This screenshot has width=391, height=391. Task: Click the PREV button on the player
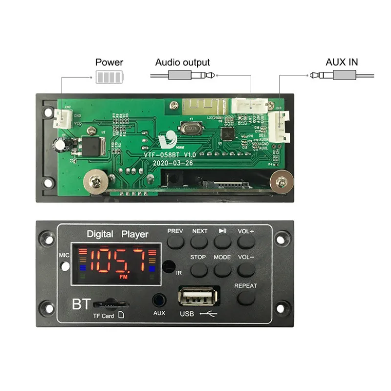(x=175, y=242)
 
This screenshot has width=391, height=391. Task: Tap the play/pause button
(x=222, y=242)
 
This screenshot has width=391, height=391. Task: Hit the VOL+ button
(x=246, y=242)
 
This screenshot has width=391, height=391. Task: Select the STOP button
(x=199, y=269)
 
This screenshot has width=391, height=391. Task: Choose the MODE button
(x=222, y=269)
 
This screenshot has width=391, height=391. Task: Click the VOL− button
(x=246, y=269)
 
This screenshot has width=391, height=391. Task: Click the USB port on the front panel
(x=199, y=297)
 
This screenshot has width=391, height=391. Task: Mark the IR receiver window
(x=168, y=267)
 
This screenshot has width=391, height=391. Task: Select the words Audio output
(x=182, y=63)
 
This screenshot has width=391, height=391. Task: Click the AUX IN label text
(x=342, y=63)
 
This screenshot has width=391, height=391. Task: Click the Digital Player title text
(x=117, y=234)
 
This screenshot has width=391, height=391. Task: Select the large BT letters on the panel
(x=81, y=304)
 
